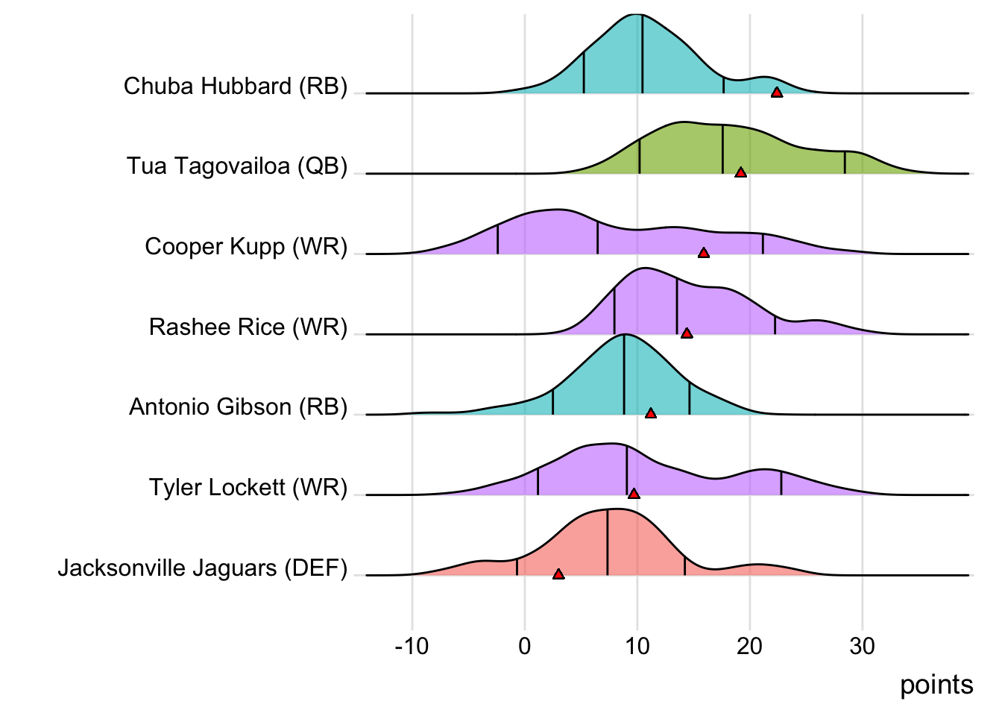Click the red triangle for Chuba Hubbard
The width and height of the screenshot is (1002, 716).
[777, 92]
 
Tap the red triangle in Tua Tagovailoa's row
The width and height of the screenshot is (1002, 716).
[740, 172]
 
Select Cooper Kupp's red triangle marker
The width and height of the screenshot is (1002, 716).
[703, 253]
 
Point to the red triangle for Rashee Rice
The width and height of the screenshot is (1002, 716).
[687, 333]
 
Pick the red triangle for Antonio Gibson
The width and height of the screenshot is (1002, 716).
[651, 413]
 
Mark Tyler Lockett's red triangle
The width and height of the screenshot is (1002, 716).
[634, 494]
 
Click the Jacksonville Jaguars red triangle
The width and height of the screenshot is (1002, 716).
[558, 574]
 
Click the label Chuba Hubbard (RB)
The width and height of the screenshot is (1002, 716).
[236, 87]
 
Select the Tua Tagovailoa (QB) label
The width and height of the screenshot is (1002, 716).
[237, 166]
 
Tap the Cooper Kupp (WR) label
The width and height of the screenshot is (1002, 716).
[246, 247]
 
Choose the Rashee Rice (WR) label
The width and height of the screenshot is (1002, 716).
[248, 327]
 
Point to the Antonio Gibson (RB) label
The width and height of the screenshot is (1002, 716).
[239, 407]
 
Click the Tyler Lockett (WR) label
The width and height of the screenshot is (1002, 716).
[248, 488]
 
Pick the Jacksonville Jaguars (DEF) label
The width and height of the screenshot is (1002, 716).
[203, 568]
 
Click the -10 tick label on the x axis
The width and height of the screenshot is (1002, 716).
[412, 646]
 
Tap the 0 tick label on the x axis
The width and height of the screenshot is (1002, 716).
[525, 646]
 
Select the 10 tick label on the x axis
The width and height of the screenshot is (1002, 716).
[637, 646]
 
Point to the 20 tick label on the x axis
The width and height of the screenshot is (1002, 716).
[750, 646]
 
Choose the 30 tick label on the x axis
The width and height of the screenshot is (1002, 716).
[863, 646]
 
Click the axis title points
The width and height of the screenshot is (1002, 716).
[936, 685]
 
